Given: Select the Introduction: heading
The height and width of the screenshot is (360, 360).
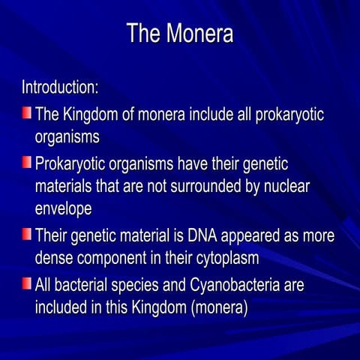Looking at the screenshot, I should coord(60,87).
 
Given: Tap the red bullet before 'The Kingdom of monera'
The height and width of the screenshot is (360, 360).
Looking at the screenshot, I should coord(26,113).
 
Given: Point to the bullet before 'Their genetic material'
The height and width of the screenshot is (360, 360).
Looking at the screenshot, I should coord(26,235).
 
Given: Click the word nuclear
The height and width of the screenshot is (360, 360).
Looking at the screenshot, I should coord(281,185).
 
